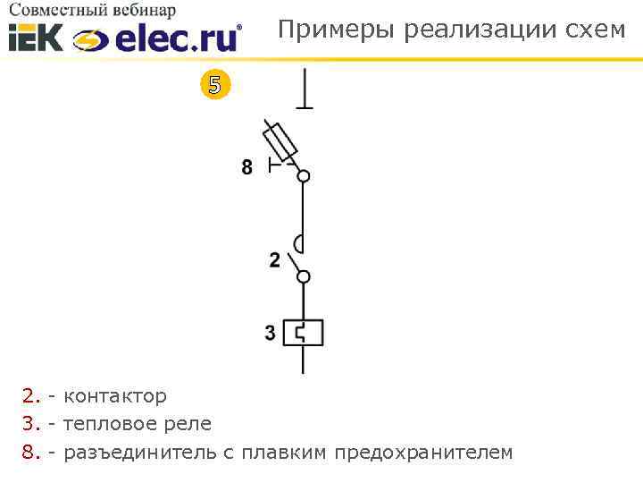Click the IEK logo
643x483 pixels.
[36, 38]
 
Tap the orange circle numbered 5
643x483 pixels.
[213, 86]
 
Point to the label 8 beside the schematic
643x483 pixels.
[247, 166]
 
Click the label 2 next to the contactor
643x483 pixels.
[274, 260]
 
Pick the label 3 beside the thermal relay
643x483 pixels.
[271, 333]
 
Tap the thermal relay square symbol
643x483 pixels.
[304, 333]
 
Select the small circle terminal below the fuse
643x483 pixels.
[304, 176]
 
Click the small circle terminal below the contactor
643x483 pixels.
[304, 277]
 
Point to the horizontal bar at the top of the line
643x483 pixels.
[305, 107]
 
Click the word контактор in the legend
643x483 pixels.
[115, 396]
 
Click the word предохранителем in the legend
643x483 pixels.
[423, 453]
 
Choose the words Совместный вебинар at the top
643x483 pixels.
[93, 11]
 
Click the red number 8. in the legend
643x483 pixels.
[32, 453]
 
